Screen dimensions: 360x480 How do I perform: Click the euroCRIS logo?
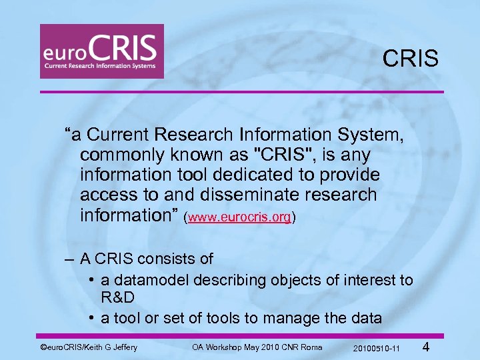click(101, 51)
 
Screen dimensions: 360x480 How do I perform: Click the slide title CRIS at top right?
click(411, 59)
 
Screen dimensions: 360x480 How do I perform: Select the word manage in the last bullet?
click(291, 318)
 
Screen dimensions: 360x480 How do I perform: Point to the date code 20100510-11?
click(377, 349)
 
